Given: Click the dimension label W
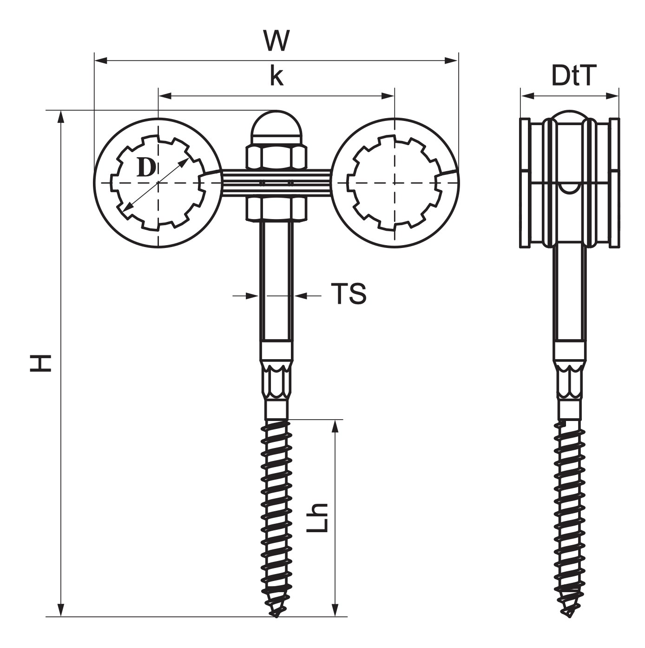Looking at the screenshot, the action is tap(276, 41).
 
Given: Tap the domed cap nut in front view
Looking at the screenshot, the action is tap(276, 128).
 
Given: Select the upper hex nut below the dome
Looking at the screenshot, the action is tap(276, 156).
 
